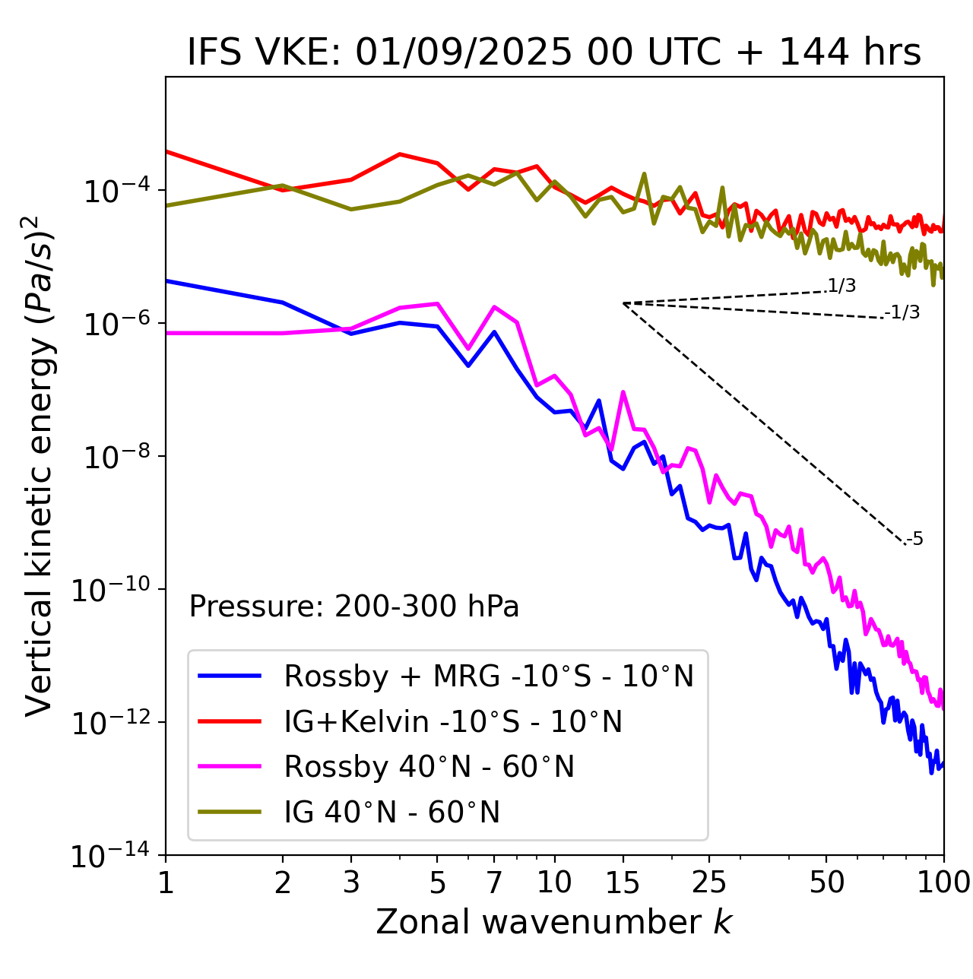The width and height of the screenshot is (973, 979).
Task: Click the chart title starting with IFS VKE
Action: (x=554, y=53)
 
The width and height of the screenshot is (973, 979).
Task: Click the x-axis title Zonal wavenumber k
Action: (x=554, y=922)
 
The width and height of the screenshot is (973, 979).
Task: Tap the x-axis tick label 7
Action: (x=494, y=882)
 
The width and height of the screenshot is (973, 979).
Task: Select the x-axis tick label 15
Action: (x=623, y=882)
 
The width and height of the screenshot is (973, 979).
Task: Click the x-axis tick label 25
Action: (x=708, y=882)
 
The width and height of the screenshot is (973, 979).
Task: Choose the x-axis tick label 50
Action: (x=826, y=882)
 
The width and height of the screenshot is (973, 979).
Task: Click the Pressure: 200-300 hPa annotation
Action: (x=354, y=607)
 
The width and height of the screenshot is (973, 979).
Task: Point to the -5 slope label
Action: (x=914, y=540)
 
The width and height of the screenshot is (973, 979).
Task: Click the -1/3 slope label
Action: (x=902, y=312)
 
